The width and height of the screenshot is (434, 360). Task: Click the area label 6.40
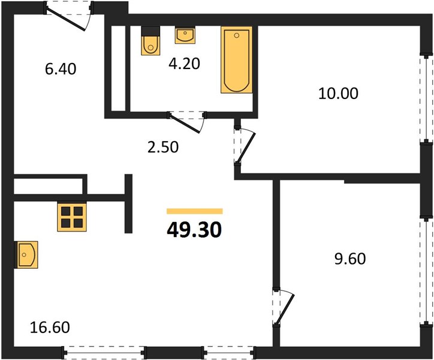[x=61, y=69]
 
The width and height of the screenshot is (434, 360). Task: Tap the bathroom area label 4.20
[x=184, y=64]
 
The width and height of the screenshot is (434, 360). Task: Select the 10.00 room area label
[x=338, y=94]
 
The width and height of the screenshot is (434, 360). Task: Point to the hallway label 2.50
[x=163, y=147]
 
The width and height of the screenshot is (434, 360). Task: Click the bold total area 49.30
[x=194, y=230]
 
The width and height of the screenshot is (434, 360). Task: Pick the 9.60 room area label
[x=350, y=259]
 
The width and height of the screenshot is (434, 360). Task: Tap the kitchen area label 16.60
[x=50, y=327]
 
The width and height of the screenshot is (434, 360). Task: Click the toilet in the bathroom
[x=150, y=41]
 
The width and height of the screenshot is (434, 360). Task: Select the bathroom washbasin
[x=185, y=35]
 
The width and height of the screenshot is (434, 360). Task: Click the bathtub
[x=237, y=60]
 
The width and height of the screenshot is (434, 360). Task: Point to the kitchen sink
[x=26, y=254]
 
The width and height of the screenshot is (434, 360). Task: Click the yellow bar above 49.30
[x=195, y=211]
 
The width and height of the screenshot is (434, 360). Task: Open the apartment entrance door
[x=68, y=16]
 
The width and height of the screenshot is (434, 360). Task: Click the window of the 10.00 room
[x=426, y=98]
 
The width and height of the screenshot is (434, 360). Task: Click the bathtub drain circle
[x=236, y=35]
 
